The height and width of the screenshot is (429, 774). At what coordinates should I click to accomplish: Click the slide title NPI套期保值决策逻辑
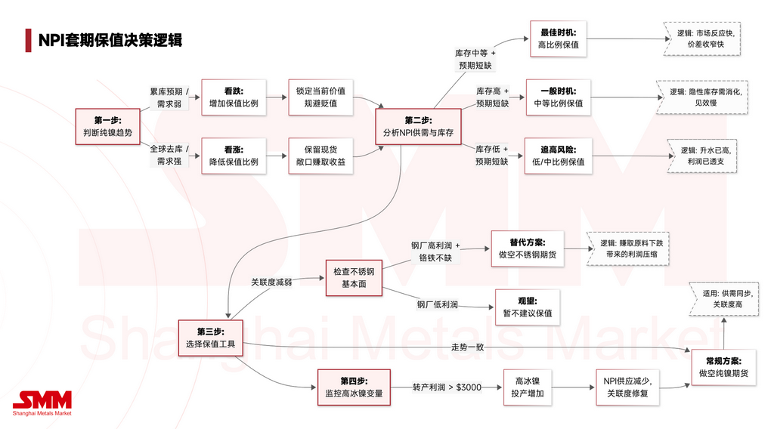[110, 39]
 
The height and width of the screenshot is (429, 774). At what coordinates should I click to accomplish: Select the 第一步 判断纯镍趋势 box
[107, 126]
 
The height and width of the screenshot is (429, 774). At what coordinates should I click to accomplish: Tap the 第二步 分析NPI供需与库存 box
[418, 126]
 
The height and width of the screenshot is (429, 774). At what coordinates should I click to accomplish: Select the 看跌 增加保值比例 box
[234, 97]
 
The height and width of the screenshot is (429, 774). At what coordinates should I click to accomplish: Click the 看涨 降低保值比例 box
[234, 155]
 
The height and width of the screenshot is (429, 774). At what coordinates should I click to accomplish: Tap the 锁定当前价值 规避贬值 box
[320, 97]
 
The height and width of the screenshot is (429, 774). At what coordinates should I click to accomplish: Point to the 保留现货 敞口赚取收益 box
[320, 155]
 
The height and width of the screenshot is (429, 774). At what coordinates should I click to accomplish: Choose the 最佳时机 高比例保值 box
[559, 39]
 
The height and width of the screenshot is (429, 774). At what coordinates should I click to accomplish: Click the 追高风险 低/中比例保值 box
[559, 155]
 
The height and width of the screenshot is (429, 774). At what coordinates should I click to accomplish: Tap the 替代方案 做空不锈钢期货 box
[528, 248]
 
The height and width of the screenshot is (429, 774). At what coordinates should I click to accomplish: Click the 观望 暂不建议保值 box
[528, 306]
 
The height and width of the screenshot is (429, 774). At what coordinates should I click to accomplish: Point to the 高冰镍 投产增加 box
[530, 387]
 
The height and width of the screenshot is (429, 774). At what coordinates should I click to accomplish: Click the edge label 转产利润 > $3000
[447, 387]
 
